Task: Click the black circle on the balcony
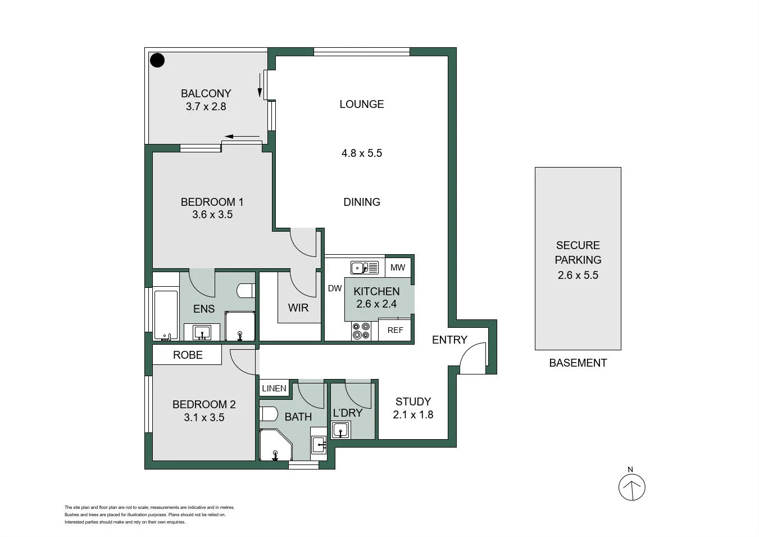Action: (157, 60)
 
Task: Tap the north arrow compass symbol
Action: (631, 487)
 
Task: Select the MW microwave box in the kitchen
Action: (398, 268)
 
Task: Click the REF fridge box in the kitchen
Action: (395, 330)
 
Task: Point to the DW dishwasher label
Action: (335, 288)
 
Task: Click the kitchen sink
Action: (364, 268)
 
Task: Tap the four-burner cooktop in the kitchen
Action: (361, 331)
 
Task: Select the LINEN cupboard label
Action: (274, 389)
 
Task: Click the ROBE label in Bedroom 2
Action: (188, 355)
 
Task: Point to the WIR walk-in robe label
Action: (298, 308)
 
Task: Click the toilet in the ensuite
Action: (246, 291)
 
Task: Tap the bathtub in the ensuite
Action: (166, 315)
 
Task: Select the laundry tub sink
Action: (340, 430)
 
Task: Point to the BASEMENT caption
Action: (578, 363)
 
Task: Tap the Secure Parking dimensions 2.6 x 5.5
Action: (578, 275)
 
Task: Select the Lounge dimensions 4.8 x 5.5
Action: (361, 153)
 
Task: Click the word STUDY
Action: (413, 401)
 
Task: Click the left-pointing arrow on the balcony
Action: (242, 137)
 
